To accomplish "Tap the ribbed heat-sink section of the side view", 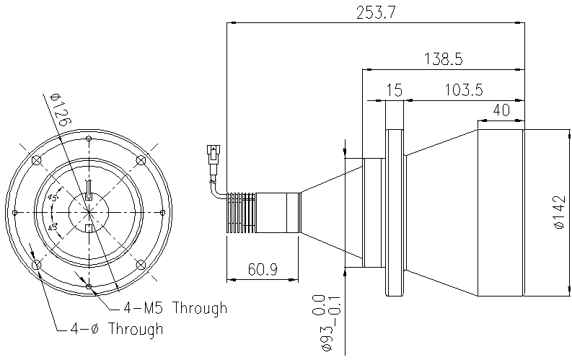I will [x=242, y=212].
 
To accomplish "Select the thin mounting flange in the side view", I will [x=395, y=212].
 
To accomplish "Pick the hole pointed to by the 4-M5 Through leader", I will [x=89, y=286].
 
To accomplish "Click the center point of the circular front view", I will [x=89, y=211].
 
